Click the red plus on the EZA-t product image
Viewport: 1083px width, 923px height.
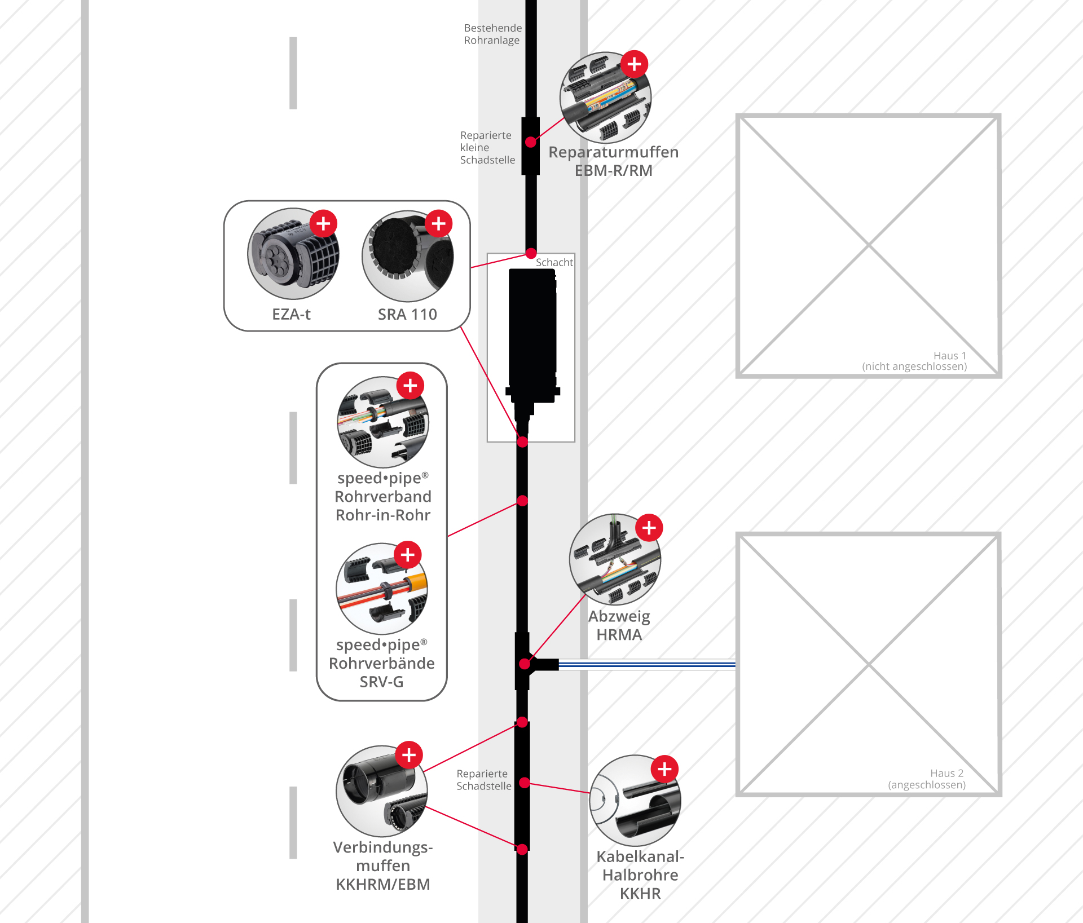pos(323,224)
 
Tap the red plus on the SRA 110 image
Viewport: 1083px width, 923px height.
pos(439,224)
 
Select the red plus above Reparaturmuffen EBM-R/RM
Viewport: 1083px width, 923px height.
pos(635,64)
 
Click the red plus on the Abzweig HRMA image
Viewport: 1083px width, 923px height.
pos(649,528)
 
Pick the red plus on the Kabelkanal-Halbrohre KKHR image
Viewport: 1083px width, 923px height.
pos(665,769)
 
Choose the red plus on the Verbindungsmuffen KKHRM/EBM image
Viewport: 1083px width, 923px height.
pos(410,755)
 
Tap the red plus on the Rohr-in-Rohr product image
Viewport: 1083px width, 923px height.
pos(411,386)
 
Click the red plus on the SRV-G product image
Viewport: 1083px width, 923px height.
pos(408,555)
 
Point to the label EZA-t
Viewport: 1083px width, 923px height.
pos(291,314)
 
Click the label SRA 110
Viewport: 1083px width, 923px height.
pos(407,314)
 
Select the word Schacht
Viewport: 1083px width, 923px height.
pos(554,262)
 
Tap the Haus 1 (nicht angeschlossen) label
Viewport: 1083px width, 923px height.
pos(914,361)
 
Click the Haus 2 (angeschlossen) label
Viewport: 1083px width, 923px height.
pos(927,779)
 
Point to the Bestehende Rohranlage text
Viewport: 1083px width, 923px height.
pos(493,34)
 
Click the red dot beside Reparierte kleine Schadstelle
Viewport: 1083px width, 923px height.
pos(531,142)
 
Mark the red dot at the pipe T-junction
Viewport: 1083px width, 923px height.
pos(525,664)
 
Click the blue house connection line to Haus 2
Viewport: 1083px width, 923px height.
pos(647,665)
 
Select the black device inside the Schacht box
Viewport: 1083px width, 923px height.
pos(532,344)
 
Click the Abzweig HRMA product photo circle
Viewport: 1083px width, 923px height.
pos(615,559)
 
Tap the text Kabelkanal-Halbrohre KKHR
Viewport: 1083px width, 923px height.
pos(640,875)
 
